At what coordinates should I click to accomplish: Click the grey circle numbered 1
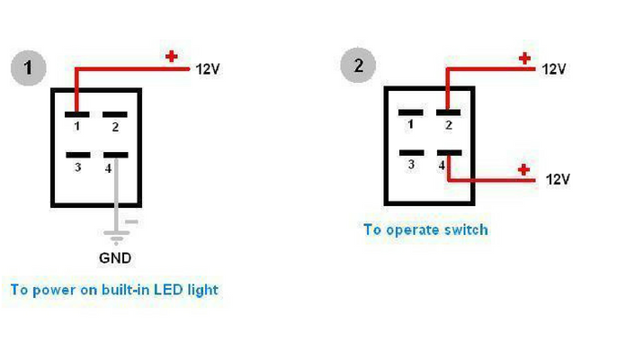[29, 67]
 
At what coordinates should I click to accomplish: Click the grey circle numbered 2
[358, 65]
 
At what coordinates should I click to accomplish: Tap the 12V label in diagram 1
[208, 68]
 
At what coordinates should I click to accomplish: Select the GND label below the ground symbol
[115, 257]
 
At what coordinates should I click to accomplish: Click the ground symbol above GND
[114, 236]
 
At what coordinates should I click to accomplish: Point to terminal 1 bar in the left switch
[77, 114]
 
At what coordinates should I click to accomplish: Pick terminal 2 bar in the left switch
[114, 114]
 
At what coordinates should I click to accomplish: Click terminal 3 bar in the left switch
[77, 154]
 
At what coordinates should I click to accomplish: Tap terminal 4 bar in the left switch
[115, 154]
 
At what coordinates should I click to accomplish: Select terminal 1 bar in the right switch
[410, 112]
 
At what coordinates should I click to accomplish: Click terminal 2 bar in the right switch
[447, 112]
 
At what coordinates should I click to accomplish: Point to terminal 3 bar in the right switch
[410, 152]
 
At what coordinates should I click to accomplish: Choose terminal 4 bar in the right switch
[448, 152]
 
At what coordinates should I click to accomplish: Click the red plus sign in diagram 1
[171, 56]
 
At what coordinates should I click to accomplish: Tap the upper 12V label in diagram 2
[554, 68]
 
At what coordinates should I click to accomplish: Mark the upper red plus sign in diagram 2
[524, 59]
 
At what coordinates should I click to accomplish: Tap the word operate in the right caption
[412, 229]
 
